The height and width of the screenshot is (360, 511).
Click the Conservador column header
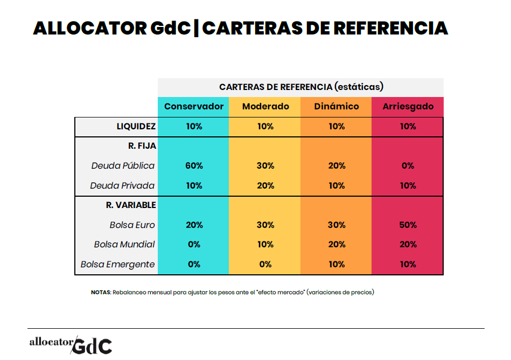(194, 106)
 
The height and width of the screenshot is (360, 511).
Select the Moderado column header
(265, 106)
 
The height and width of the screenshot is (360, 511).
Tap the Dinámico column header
(337, 106)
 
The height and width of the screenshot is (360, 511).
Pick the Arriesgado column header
(408, 106)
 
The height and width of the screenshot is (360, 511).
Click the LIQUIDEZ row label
(136, 127)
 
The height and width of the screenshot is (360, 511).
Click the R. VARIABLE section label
(131, 205)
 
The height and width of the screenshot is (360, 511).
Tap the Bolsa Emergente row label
(117, 264)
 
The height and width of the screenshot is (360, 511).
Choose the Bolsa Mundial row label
(124, 244)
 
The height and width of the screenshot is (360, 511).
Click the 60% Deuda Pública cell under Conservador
(194, 166)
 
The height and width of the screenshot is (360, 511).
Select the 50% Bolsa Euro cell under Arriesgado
(408, 225)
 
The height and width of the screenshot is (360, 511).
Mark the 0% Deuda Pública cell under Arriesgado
(408, 166)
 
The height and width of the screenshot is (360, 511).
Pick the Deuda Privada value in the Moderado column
(265, 185)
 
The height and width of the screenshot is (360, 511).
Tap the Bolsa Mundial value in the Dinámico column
(337, 244)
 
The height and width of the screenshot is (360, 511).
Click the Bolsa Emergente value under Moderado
(265, 264)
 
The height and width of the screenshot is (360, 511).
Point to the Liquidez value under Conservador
(194, 127)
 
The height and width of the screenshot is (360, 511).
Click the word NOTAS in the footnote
(101, 293)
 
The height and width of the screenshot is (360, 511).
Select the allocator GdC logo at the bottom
(71, 343)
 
